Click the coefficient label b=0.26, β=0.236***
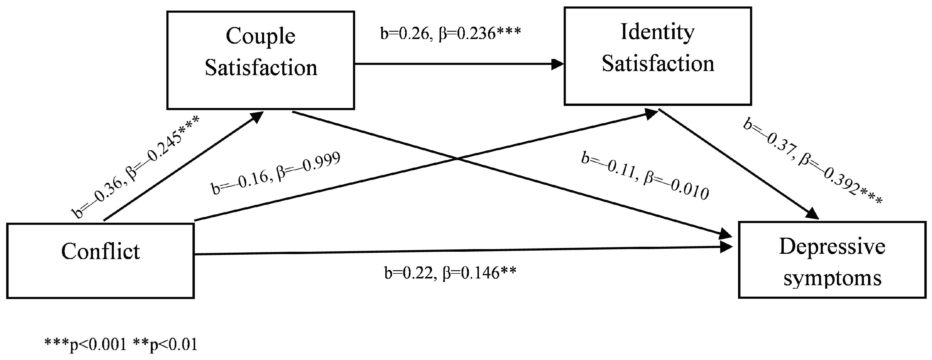pyautogui.click(x=450, y=33)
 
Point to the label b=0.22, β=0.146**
pyautogui.click(x=450, y=273)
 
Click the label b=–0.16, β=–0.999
pyautogui.click(x=276, y=173)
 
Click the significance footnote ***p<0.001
pyautogui.click(x=85, y=344)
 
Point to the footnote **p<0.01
pyautogui.click(x=165, y=344)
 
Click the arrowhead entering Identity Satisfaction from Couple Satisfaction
pyautogui.click(x=557, y=64)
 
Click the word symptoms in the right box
pyautogui.click(x=832, y=279)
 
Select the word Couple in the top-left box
pyautogui.click(x=261, y=36)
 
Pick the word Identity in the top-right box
pyautogui.click(x=657, y=32)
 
